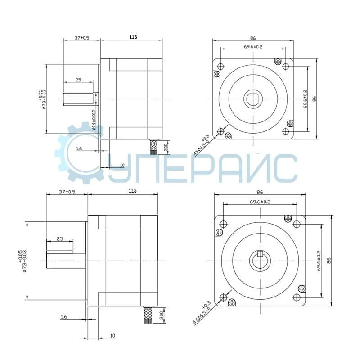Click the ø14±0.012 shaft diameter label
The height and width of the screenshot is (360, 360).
[94, 119]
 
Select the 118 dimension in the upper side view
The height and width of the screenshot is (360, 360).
[133, 37]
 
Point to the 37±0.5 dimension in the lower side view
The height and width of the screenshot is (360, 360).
[67, 191]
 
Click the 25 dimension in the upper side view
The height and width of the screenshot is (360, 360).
[78, 80]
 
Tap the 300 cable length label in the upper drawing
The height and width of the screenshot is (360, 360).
[166, 147]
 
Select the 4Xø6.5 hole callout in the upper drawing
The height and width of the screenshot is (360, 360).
[201, 144]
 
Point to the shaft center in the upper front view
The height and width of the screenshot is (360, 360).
[253, 99]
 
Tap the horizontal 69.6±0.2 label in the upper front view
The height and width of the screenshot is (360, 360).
[253, 47]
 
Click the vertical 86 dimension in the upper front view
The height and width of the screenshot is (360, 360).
[315, 99]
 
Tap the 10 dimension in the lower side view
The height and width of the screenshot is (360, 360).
[112, 335]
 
